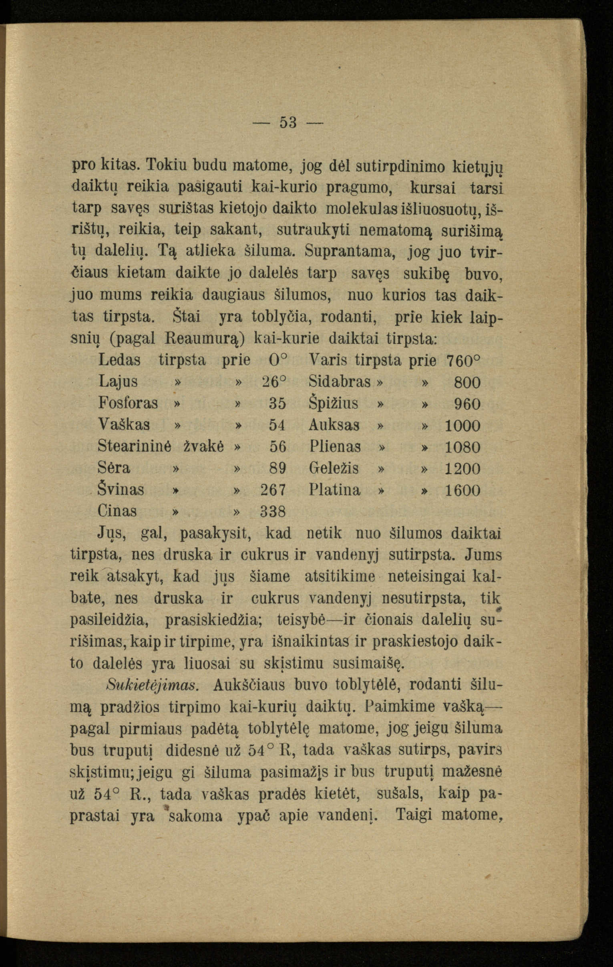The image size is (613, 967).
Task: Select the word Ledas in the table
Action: coord(120,360)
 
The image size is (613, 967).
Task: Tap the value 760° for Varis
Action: coord(463,360)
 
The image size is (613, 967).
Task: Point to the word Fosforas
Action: coord(128,403)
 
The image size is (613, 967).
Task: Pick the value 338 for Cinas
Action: coord(273,512)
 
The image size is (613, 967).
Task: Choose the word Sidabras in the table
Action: coord(340,382)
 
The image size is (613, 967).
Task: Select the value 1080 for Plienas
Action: coord(462,447)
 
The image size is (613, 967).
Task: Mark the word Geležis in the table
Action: coord(334,468)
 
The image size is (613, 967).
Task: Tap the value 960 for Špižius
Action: coord(467,404)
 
